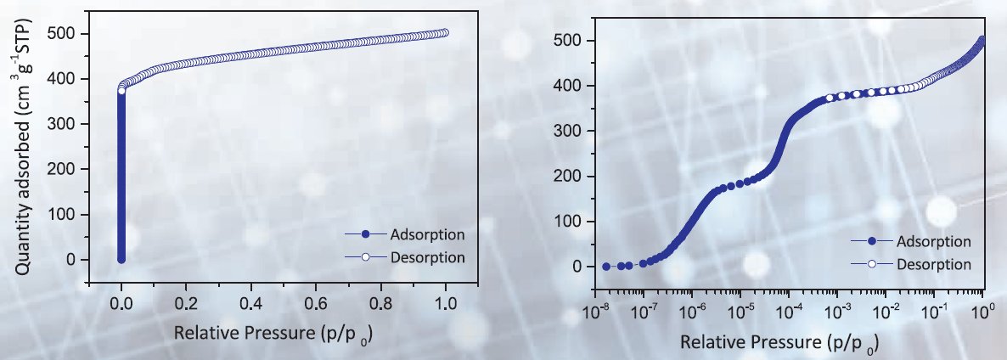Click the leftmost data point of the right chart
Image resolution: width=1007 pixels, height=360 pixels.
coord(606,267)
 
